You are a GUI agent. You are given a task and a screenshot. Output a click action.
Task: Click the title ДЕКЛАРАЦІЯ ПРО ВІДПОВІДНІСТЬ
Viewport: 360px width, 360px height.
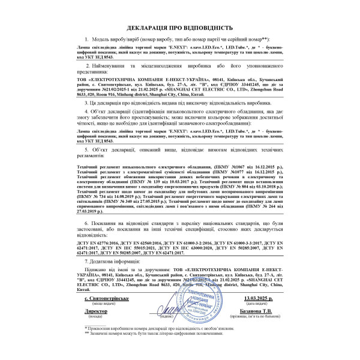[179, 28]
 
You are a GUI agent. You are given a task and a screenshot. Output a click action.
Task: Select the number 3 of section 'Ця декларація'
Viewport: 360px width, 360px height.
[87, 103]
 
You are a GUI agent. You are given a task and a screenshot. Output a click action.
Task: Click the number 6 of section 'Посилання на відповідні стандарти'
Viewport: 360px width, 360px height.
[87, 223]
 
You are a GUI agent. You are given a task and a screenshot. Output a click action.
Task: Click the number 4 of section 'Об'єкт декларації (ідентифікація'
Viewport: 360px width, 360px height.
[87, 112]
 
